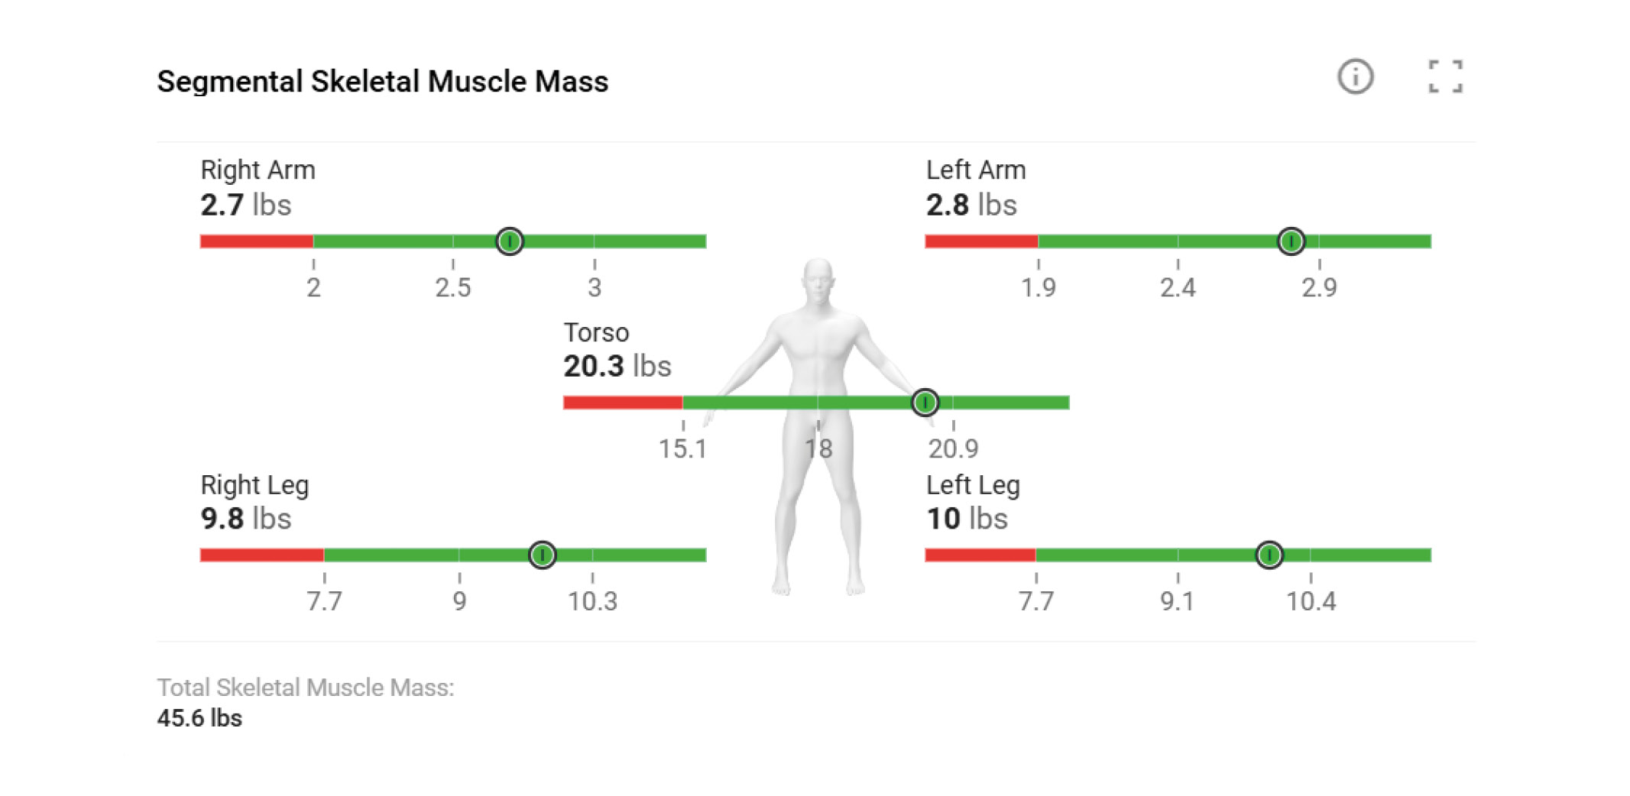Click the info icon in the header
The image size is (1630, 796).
pos(1355,77)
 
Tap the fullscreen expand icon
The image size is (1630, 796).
pos(1445,77)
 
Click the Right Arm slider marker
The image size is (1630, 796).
pos(510,241)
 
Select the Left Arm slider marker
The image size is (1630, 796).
pos(1291,241)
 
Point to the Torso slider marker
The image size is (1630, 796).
pos(925,403)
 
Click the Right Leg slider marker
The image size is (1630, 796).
pos(542,555)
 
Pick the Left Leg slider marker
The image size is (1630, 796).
pos(1269,555)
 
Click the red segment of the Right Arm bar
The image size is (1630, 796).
pos(256,241)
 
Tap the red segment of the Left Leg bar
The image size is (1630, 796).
pos(980,555)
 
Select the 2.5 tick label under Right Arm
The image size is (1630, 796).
pos(453,288)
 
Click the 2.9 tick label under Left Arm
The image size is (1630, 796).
pos(1319,288)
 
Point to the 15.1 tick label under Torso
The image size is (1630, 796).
pos(682,449)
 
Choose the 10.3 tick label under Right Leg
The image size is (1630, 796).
pos(592,602)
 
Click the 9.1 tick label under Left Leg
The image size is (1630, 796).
pos(1177,602)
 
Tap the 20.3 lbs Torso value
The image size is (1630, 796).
pos(617,367)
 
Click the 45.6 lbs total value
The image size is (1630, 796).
pos(199,718)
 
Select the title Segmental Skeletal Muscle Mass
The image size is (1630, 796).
pos(382,82)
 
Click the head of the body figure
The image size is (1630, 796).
pos(818,279)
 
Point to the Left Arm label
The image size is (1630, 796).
pos(976,170)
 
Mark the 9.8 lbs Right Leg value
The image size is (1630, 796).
pos(245,519)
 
